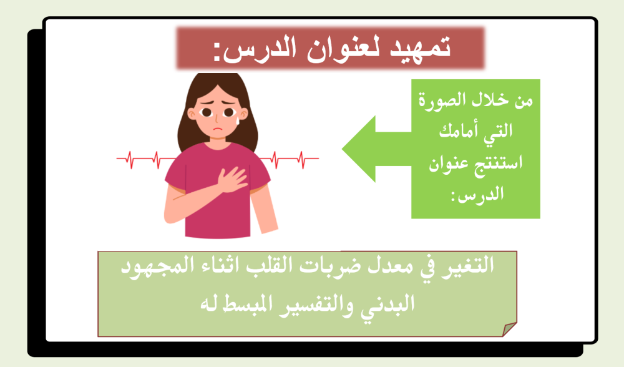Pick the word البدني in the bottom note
(390, 305)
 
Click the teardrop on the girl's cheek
(236, 122)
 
